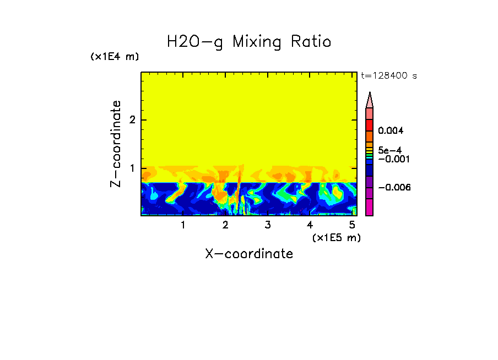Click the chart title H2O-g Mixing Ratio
[249, 42]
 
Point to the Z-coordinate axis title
[116, 144]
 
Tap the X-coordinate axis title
[249, 254]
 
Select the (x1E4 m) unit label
[115, 57]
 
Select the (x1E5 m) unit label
[336, 237]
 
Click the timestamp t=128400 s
[389, 76]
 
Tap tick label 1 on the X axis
[183, 225]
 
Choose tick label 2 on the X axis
[225, 225]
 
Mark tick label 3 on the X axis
[267, 225]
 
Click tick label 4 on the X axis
[310, 225]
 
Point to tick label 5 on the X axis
[351, 225]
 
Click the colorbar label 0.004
[391, 131]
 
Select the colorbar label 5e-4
[389, 150]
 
